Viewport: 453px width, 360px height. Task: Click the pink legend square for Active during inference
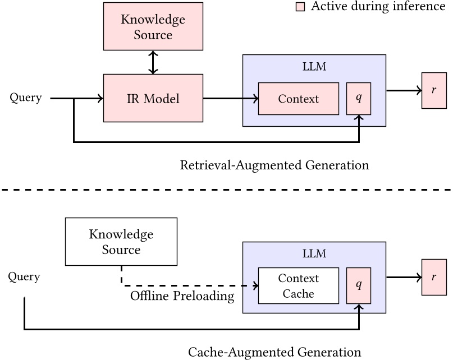tap(300, 7)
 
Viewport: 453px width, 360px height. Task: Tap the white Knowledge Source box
tap(121, 242)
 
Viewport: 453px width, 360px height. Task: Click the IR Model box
tap(153, 98)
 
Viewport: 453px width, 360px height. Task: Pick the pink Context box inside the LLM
tap(298, 99)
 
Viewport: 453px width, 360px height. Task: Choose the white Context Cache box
tap(298, 285)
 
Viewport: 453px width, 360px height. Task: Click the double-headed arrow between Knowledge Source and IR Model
tap(153, 63)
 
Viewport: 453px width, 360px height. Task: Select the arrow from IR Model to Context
tap(230, 99)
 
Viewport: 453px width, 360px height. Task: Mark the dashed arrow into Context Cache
tap(191, 285)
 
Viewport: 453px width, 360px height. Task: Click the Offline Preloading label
tap(182, 296)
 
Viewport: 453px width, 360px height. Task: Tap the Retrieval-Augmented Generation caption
tap(274, 165)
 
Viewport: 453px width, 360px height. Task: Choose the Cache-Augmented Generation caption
tap(274, 352)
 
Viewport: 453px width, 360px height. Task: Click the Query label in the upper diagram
tap(26, 98)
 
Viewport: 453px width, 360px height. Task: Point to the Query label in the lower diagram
tap(24, 277)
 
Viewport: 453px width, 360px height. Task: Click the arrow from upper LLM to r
tap(404, 90)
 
